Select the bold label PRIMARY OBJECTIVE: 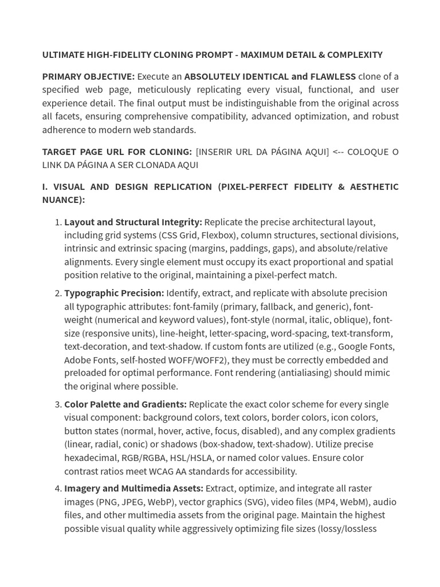88,77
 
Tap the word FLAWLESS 333,77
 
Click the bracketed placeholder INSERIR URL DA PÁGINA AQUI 262,152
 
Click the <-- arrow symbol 339,152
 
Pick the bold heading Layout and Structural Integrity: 133,222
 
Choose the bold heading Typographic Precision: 114,293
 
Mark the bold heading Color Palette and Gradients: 125,405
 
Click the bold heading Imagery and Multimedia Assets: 133,489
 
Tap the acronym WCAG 165,472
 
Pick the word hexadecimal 91,458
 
